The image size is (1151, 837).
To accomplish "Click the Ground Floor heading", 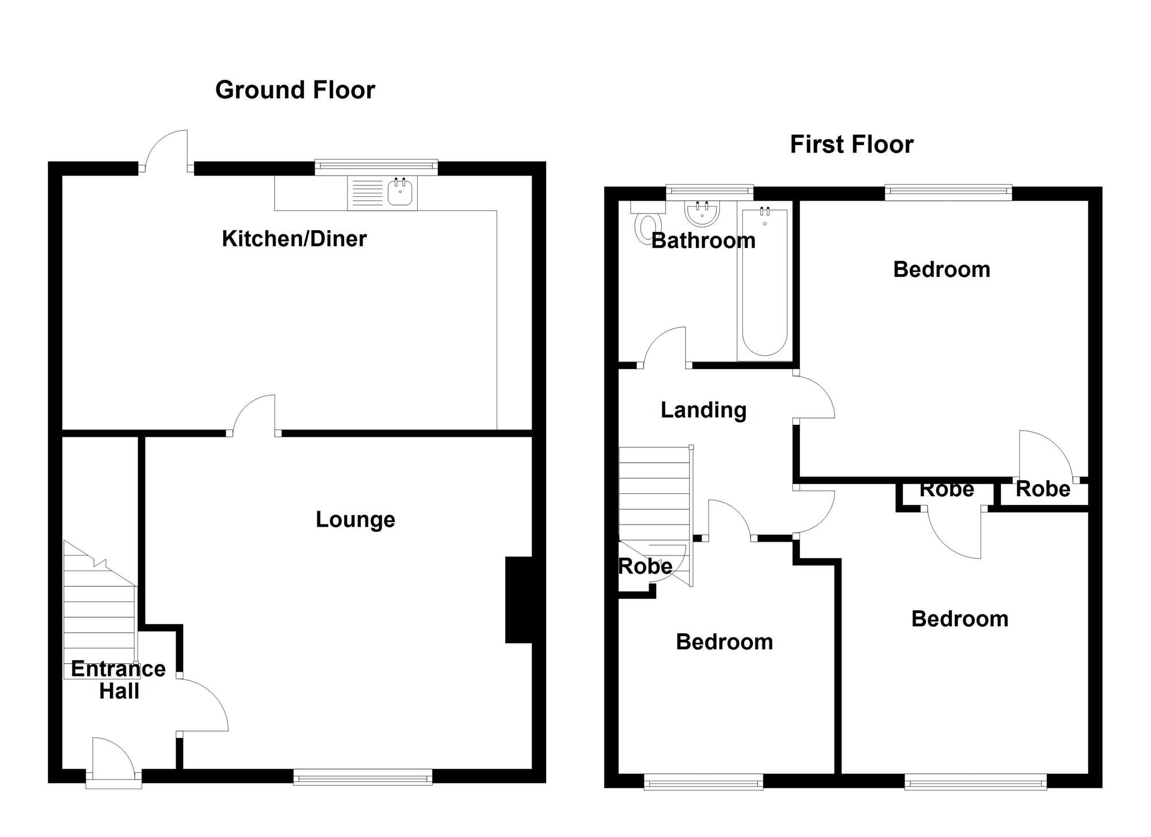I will coord(295,90).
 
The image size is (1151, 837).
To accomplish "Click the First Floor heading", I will coord(851,144).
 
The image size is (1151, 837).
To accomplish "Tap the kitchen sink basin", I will coord(400,192).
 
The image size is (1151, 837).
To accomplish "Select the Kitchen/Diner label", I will coord(294,239).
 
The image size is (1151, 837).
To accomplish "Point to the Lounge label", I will coord(355,520).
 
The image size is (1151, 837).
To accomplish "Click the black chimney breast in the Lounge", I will coord(519,599).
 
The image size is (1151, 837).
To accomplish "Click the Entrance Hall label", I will coord(119,680).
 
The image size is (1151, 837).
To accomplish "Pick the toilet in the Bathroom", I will coord(647,226).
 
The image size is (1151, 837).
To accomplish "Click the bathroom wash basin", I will coord(702,214).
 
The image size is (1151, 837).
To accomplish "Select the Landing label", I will coord(703,410).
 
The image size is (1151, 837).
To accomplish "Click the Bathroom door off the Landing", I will coord(665,348).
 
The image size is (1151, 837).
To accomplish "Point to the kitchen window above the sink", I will coord(376,167).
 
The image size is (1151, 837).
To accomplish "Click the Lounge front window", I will coord(363,778).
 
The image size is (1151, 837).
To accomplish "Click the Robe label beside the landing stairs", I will coord(645,566).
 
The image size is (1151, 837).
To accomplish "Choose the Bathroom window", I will coord(709,192).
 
